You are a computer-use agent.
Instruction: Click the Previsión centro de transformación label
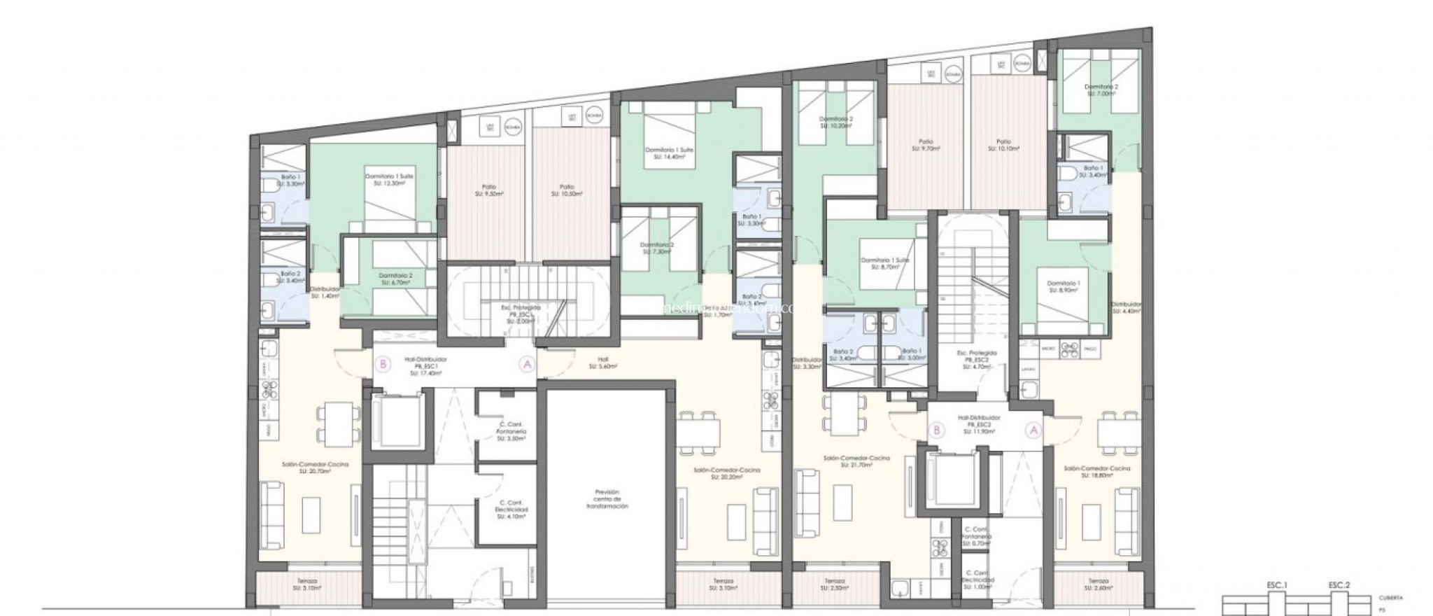pyautogui.click(x=607, y=498)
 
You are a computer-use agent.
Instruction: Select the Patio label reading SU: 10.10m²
pyautogui.click(x=1004, y=144)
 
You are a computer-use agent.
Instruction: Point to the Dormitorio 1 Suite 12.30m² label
pyautogui.click(x=389, y=179)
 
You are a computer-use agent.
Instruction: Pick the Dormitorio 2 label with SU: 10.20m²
pyautogui.click(x=836, y=122)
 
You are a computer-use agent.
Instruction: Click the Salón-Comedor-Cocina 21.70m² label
pyautogui.click(x=856, y=461)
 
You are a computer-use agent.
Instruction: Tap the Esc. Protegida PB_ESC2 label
pyautogui.click(x=972, y=358)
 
